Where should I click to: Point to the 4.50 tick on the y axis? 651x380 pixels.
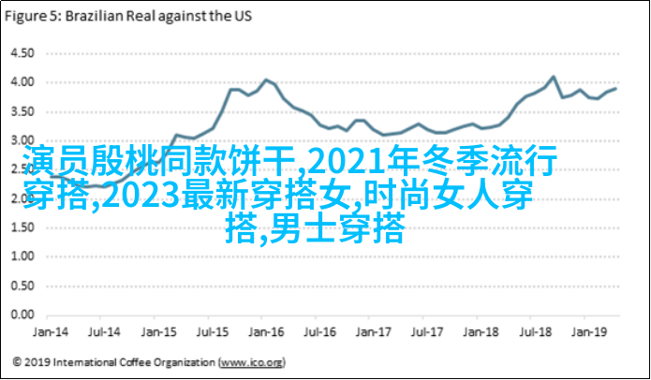[21, 52]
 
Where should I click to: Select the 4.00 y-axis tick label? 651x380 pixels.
[21, 82]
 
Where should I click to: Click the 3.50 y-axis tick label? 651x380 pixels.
[21, 112]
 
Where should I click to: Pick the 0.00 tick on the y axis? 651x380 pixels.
[21, 315]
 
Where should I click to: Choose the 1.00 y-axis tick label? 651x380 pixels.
[21, 257]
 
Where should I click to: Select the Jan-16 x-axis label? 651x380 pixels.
[268, 331]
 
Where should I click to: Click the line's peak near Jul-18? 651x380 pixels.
[553, 77]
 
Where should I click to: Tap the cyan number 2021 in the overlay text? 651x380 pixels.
[334, 163]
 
